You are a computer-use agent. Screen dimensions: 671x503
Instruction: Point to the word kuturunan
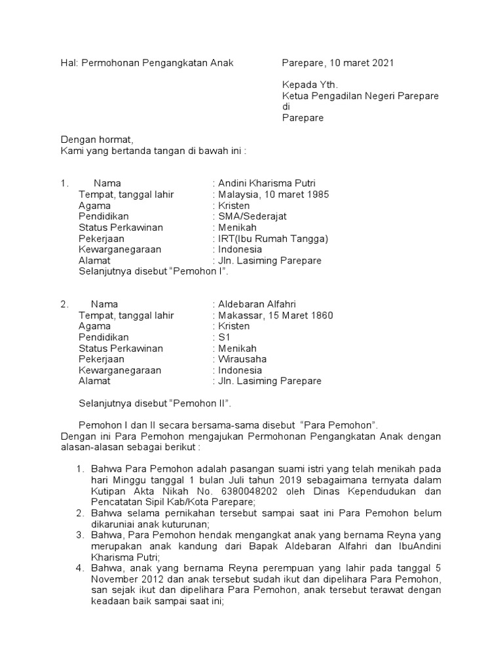pos(183,524)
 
